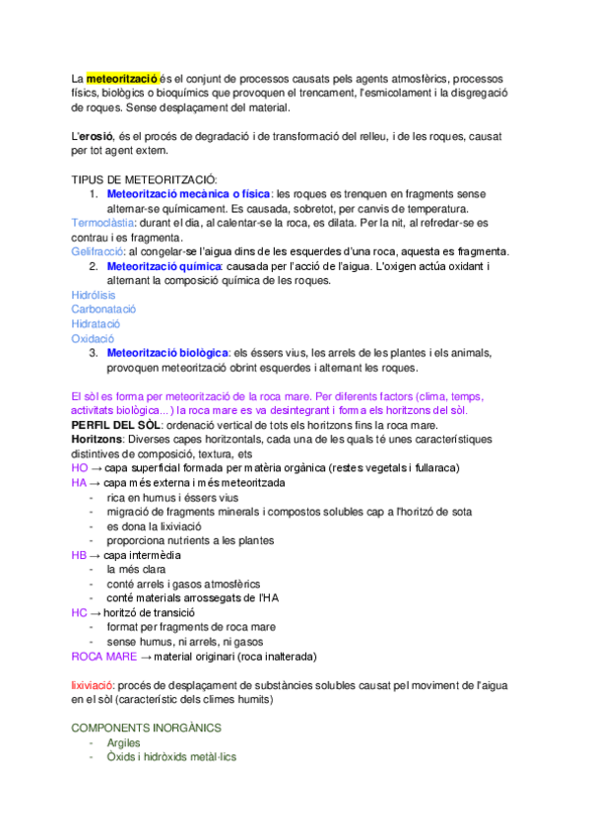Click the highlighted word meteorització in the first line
point(122,77)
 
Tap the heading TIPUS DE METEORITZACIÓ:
point(144,180)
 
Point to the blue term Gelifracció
point(98,252)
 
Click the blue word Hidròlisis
point(94,296)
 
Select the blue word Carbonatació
point(103,310)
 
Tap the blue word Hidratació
point(96,323)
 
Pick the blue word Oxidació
point(93,338)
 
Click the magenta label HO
point(80,467)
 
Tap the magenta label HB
point(80,555)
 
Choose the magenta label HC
point(80,612)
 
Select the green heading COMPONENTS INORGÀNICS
point(146,728)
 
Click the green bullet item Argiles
point(124,742)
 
